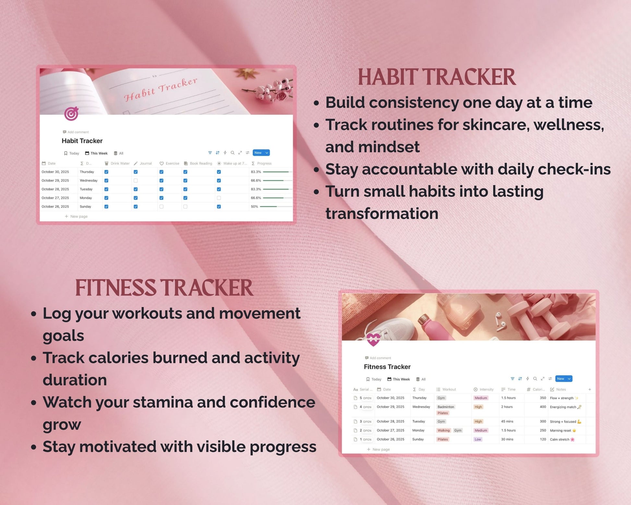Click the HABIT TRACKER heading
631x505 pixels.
[x=436, y=77]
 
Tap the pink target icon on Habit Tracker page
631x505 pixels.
[x=71, y=114]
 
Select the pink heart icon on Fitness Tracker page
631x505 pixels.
[x=373, y=340]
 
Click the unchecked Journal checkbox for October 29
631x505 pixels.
[x=136, y=181]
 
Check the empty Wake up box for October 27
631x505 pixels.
[x=219, y=198]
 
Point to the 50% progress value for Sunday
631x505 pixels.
[x=255, y=207]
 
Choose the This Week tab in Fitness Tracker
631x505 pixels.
[x=399, y=379]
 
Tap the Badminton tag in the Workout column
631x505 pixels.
[x=446, y=407]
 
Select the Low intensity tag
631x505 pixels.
[x=478, y=439]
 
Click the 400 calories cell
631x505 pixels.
[x=543, y=407]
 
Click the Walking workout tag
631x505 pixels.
[x=444, y=430]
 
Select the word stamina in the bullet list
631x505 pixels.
[x=163, y=402]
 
